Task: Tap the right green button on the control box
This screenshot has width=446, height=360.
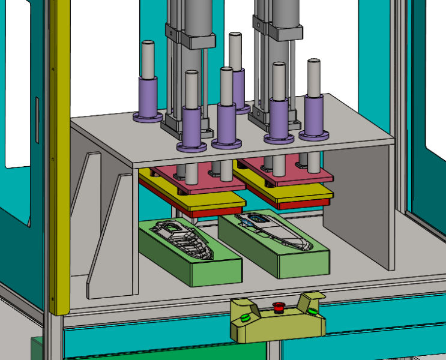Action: pos(312,311)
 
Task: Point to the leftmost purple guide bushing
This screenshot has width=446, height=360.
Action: pos(148,96)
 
